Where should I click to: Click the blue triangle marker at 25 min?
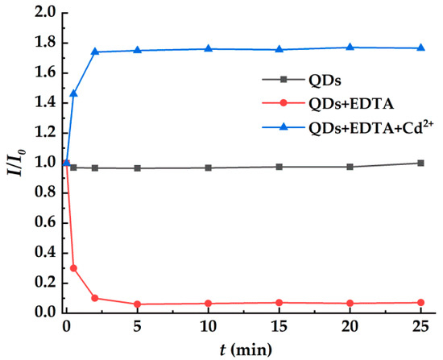click(x=421, y=48)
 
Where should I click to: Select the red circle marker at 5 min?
click(x=138, y=304)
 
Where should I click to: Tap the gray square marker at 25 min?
click(x=421, y=163)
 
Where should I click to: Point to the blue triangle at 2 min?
click(x=95, y=52)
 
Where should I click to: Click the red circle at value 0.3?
click(x=73, y=267)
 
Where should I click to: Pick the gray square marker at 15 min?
click(x=279, y=167)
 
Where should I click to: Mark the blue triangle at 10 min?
click(x=209, y=49)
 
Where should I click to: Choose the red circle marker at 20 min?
click(x=350, y=303)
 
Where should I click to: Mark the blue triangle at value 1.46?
click(x=73, y=93)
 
